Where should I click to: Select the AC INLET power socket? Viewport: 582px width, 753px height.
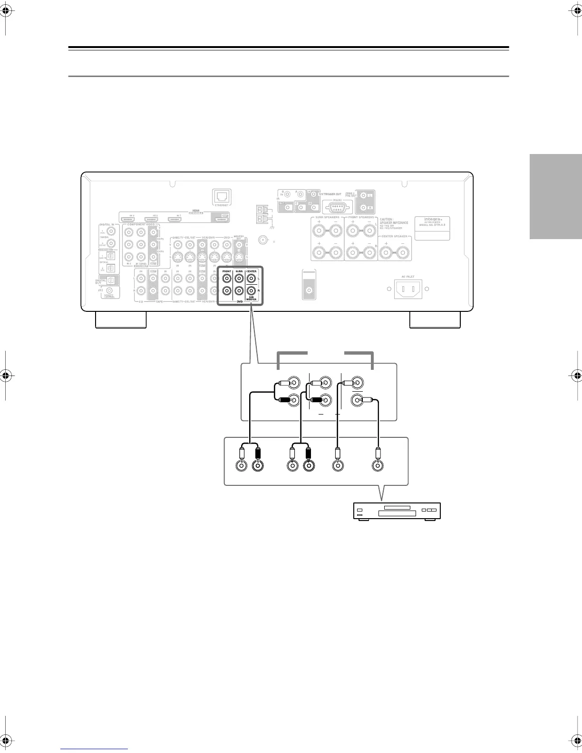point(408,289)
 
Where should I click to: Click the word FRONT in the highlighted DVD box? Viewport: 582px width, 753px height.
point(227,271)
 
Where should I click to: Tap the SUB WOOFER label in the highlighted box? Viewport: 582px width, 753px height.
point(251,298)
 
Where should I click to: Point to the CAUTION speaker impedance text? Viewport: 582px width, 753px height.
point(394,223)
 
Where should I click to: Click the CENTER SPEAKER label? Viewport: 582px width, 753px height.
point(395,236)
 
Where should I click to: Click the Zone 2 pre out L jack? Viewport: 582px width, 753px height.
point(364,195)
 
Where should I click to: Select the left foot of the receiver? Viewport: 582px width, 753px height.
point(120,320)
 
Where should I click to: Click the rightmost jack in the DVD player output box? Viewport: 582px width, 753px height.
point(378,465)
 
